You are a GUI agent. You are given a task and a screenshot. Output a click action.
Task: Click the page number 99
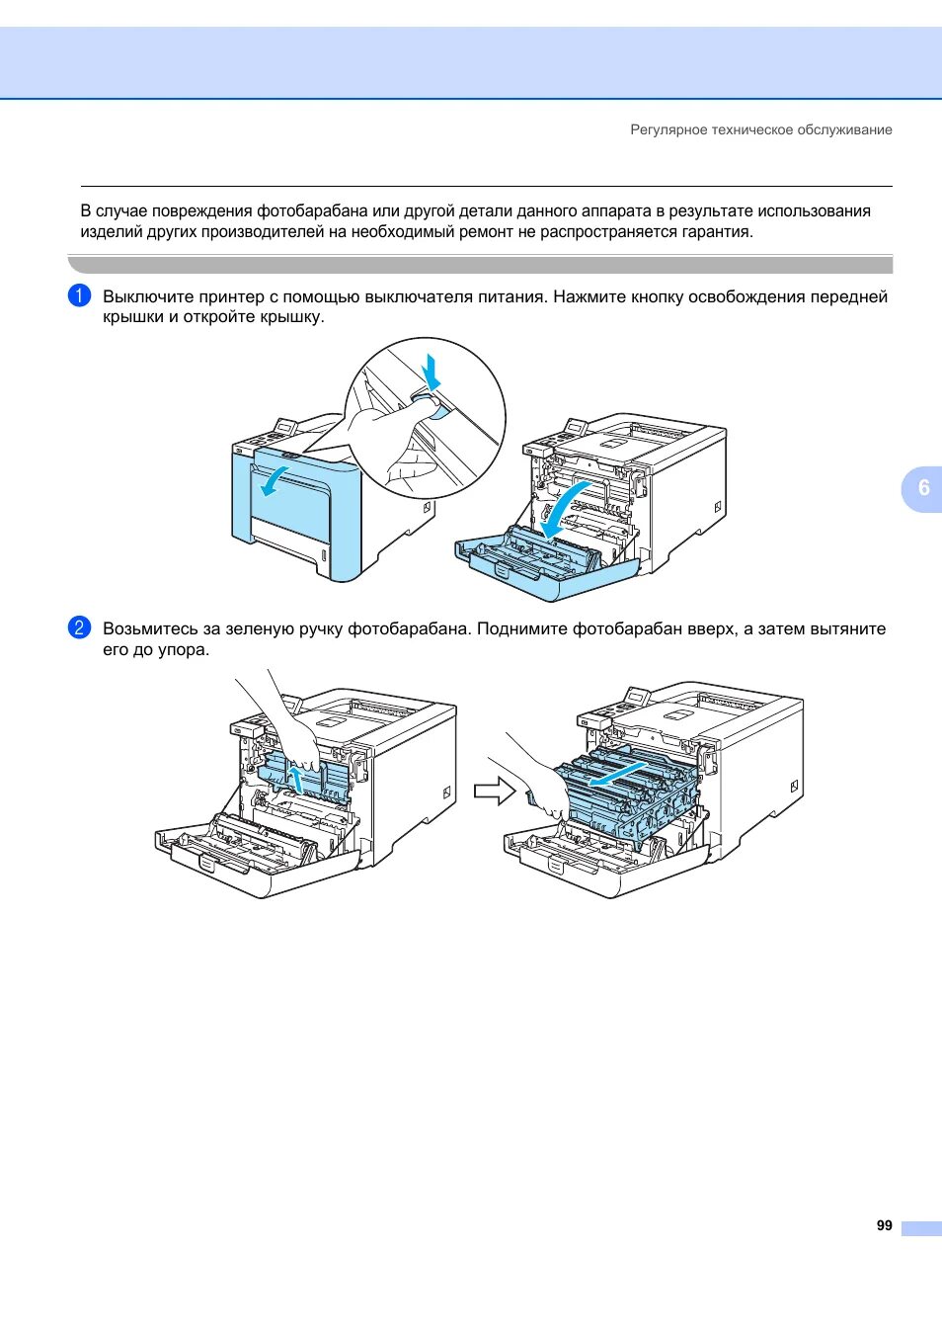click(884, 1225)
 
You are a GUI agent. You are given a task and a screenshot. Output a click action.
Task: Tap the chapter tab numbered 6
click(923, 487)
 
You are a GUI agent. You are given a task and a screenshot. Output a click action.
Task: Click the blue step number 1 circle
click(79, 295)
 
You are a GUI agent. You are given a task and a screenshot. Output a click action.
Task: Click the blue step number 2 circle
click(79, 627)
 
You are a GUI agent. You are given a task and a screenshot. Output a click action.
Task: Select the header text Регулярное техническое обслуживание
click(760, 129)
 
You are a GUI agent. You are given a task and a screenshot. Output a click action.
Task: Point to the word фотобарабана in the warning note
click(312, 210)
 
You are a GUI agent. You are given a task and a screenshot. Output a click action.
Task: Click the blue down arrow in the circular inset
click(431, 372)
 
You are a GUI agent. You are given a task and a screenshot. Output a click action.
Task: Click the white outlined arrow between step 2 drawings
click(495, 791)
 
